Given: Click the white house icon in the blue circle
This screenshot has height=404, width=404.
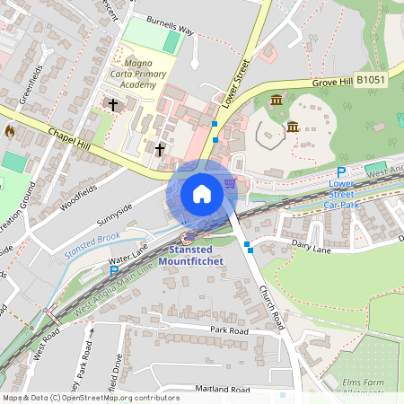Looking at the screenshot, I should coord(201,194).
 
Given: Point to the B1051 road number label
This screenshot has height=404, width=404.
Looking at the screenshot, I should coord(371,80).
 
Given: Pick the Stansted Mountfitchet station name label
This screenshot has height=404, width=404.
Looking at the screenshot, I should coord(185,255).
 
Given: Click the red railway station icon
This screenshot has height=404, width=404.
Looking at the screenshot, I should coord(189,238).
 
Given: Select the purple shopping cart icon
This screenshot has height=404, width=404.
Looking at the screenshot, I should coord(231,183).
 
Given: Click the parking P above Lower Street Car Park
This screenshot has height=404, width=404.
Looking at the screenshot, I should coord(341,172).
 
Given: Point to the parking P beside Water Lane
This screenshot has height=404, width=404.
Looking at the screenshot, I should coord(114,269).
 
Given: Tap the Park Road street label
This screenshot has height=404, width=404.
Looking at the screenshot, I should coord(229,330).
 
